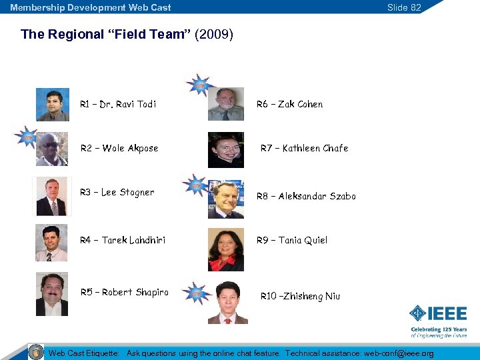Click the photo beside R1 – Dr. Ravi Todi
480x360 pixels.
53,105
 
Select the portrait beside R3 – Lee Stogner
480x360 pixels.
52,196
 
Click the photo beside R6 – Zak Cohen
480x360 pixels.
226,104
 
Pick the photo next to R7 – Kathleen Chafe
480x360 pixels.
226,149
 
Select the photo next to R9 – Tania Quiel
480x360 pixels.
226,249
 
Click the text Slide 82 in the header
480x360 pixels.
404,7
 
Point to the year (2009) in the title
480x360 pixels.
214,34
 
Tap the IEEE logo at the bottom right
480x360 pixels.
438,313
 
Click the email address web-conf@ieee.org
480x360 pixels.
399,353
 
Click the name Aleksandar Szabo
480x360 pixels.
317,196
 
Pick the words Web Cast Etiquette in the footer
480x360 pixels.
83,353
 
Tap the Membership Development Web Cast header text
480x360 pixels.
91,7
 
